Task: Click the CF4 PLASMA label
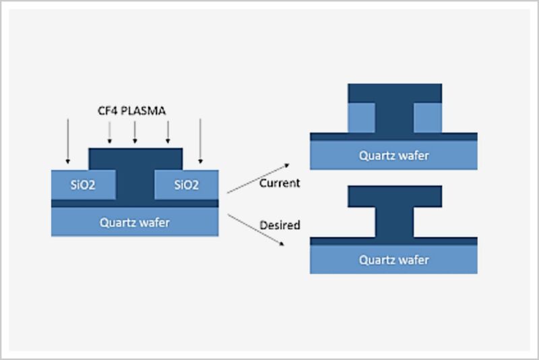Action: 132,111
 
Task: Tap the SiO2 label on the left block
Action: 83,185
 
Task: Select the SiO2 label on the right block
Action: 187,185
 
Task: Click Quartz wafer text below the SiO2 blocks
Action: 135,222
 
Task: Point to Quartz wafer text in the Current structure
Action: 394,156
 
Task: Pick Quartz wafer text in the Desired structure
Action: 394,260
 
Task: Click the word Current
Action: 280,183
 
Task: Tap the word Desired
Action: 280,225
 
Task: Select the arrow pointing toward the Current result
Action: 258,179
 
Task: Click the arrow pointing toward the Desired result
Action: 256,230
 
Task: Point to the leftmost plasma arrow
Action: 68,141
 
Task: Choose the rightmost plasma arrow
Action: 200,141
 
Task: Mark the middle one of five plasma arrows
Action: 135,132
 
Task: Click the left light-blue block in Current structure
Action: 361,118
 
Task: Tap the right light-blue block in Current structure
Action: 428,118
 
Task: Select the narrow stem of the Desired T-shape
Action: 394,222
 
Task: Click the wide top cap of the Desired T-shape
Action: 395,196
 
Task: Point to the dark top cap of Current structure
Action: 395,93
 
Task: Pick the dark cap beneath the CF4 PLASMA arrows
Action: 136,159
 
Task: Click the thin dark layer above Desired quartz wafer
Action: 393,241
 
